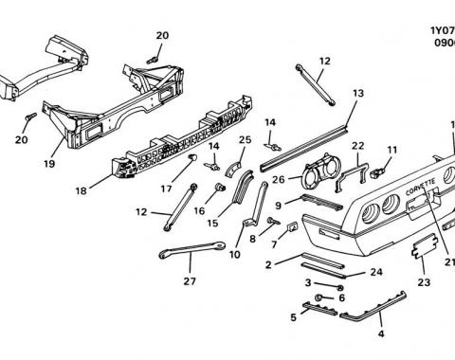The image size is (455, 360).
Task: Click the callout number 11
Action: pyautogui.click(x=391, y=150)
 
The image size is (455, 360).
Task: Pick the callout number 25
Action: pyautogui.click(x=245, y=139)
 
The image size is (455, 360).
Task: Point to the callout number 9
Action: pyautogui.click(x=278, y=205)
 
